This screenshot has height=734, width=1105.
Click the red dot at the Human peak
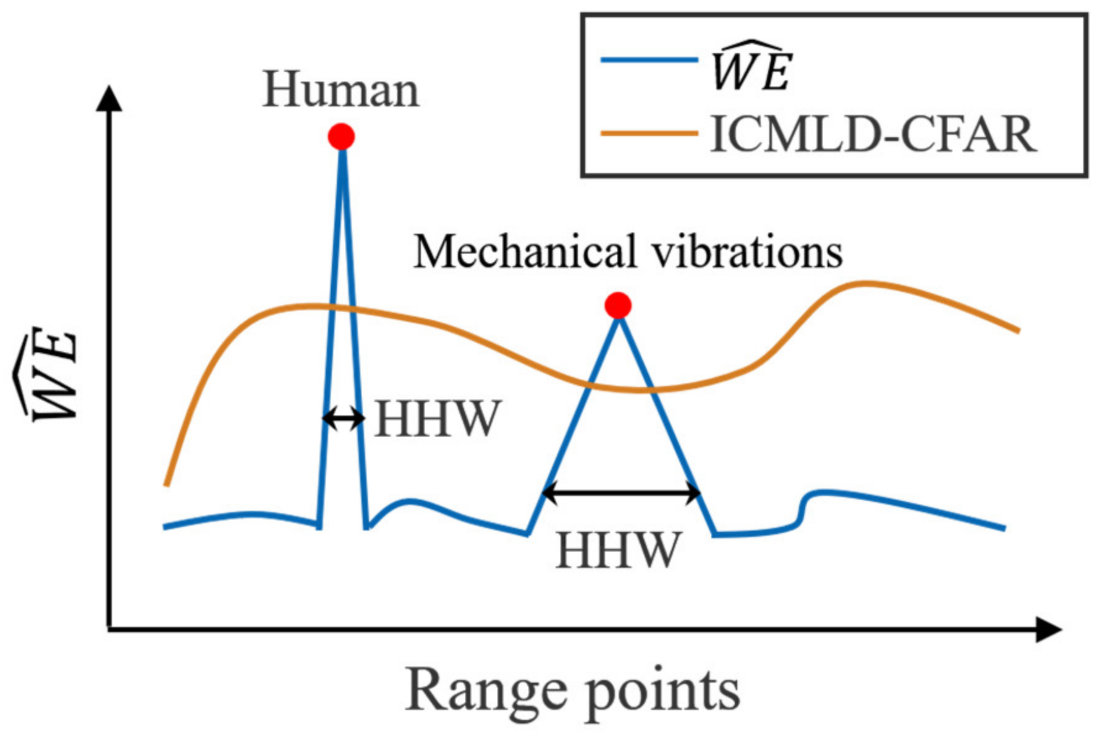[341, 136]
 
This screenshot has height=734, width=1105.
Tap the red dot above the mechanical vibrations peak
[618, 305]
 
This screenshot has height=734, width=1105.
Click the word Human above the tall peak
[341, 90]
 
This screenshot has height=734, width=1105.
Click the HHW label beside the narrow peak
[437, 419]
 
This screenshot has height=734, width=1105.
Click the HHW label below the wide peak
[618, 550]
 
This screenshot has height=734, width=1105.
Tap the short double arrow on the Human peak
[344, 419]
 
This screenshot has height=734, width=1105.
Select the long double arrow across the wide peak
[621, 493]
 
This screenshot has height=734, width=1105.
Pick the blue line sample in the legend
[649, 60]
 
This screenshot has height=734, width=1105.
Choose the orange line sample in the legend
[649, 133]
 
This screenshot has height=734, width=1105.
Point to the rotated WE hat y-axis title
[47, 374]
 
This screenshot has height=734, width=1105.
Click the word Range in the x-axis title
[486, 689]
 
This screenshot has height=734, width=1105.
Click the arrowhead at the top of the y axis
[109, 99]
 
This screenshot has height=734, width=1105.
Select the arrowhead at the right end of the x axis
[1048, 629]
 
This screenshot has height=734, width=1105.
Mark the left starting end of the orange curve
[166, 484]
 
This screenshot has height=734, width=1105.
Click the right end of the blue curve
[1004, 529]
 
